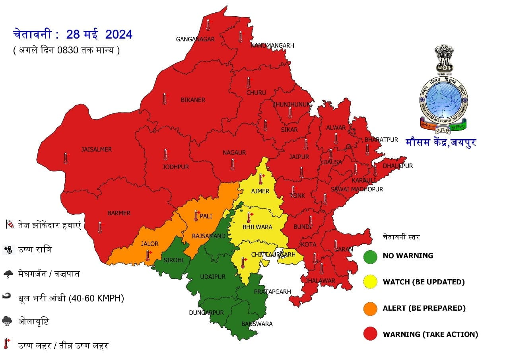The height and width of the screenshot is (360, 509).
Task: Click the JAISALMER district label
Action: coord(97,150)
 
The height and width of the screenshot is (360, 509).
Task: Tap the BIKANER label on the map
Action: coord(193,100)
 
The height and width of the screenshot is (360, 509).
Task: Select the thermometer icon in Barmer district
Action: coord(100,227)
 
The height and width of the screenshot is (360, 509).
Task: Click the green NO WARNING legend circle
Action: coord(370,256)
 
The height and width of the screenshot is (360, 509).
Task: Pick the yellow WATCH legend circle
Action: coord(370,282)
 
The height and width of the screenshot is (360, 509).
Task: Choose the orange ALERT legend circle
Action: coord(370,308)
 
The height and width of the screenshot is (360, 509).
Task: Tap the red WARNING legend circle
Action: coord(370,335)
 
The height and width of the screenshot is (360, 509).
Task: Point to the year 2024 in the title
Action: coord(119,35)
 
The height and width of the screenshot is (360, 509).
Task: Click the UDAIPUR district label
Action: coord(212,276)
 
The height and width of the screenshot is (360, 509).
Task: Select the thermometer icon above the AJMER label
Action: coord(261,179)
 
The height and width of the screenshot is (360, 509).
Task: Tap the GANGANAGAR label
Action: coord(195,39)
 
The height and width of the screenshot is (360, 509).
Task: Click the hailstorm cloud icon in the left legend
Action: coord(7,321)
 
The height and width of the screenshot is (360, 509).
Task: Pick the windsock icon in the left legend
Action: coord(10,225)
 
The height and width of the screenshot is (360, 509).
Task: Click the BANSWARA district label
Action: coord(257,324)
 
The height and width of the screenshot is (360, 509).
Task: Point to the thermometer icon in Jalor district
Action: coord(148,255)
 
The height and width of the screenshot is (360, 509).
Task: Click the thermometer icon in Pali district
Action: coord(196,216)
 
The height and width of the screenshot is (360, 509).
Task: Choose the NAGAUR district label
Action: coord(234,152)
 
